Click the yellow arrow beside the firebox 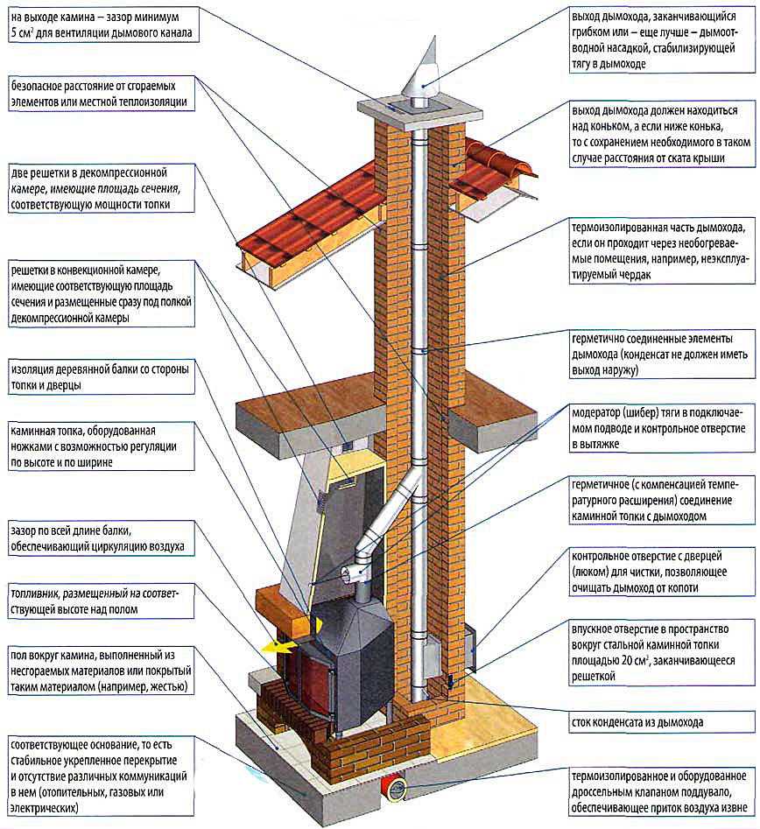click(278, 643)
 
